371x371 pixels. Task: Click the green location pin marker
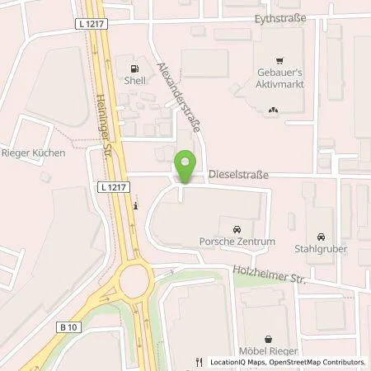coord(185,167)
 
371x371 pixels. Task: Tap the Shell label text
coord(136,81)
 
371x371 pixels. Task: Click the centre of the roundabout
coord(134,284)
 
